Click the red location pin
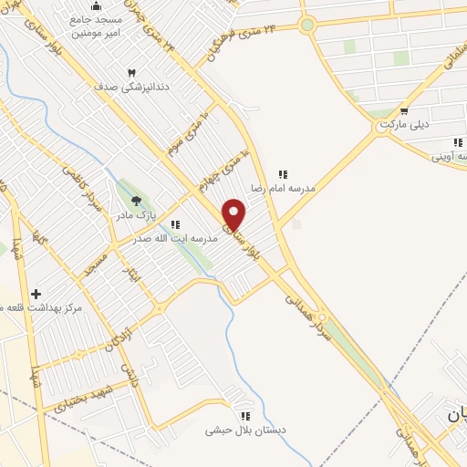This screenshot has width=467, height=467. pos(234,214)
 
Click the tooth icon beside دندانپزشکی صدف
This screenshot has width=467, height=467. pos(131,73)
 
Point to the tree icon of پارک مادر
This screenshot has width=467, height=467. pos(136,201)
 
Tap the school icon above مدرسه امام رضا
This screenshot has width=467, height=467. pos(283,173)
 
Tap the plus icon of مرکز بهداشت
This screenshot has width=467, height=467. pos(36,294)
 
